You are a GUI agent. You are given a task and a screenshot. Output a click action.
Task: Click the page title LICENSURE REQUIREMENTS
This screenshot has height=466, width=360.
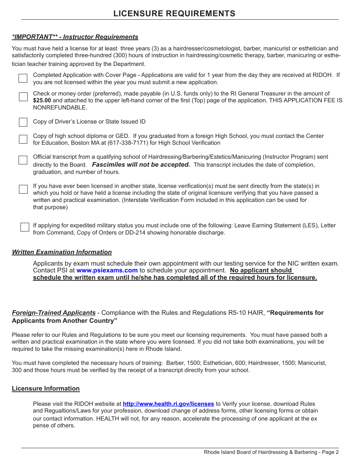174,14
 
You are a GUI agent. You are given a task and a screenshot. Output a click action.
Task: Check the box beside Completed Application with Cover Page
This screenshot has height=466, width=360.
23,78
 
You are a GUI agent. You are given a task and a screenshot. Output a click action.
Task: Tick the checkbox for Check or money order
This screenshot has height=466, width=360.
23,97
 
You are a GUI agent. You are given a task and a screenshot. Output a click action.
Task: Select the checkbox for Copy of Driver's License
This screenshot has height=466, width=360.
23,122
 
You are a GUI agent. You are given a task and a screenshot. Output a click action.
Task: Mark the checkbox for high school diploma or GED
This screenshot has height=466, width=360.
23,139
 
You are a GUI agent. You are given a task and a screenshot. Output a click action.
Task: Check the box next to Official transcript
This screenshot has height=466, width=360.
23,160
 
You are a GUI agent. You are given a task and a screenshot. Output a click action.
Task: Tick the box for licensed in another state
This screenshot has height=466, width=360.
23,189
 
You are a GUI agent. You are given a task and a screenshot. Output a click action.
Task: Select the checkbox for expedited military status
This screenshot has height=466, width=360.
25,227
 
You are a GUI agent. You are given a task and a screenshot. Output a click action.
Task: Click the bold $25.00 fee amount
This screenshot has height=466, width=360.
42,100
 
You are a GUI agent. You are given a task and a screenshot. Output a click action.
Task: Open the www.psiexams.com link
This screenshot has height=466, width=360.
107,271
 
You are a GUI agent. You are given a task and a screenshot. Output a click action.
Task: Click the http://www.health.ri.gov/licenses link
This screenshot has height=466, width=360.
168,404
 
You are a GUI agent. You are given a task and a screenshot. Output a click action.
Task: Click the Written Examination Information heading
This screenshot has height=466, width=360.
62,252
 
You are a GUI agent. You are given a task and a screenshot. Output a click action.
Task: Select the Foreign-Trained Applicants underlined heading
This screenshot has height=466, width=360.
53,313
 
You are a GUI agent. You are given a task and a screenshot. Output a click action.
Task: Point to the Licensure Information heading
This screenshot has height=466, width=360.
45,389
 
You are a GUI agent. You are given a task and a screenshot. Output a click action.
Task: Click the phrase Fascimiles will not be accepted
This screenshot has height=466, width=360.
141,165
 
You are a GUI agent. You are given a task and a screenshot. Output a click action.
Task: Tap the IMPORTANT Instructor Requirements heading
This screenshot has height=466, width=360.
75,37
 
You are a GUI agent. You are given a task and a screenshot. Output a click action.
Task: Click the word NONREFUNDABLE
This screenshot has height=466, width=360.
60,108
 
